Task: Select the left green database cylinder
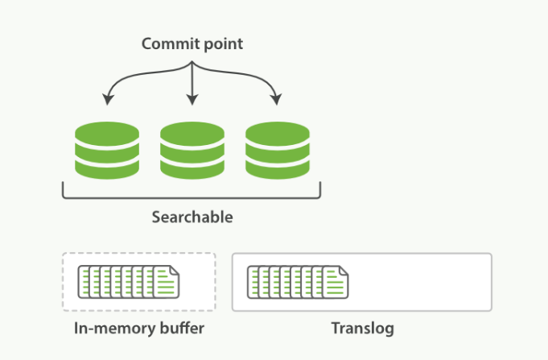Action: click(106, 150)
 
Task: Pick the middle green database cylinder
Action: click(192, 150)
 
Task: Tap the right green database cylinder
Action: click(277, 150)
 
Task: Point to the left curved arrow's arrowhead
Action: click(107, 101)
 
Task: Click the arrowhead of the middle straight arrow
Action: click(192, 101)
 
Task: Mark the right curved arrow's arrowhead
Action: click(276, 101)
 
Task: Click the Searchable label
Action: click(192, 217)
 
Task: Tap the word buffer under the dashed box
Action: click(182, 329)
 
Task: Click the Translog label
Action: click(361, 329)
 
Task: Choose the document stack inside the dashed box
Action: click(129, 281)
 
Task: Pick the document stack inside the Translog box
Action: click(297, 281)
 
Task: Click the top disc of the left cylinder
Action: click(106, 132)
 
